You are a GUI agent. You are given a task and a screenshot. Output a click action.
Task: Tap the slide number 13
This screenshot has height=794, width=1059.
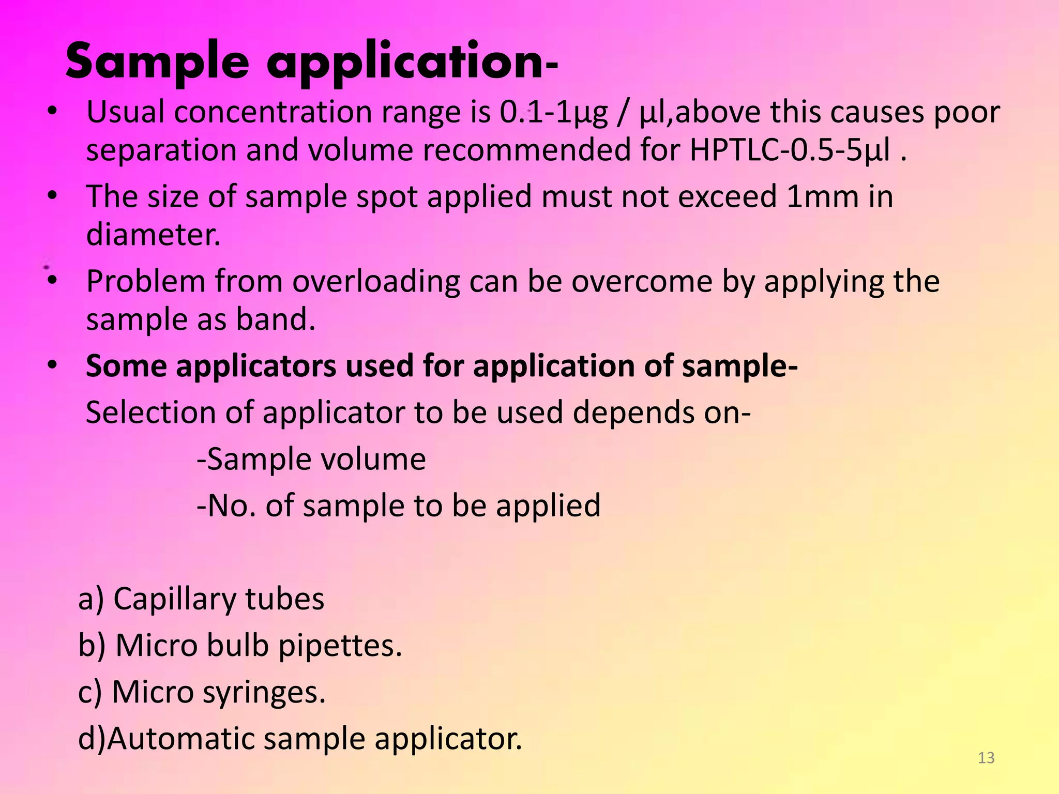(986, 758)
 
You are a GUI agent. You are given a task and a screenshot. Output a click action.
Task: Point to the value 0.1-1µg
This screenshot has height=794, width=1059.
(553, 113)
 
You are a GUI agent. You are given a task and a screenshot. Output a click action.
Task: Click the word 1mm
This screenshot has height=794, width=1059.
(822, 197)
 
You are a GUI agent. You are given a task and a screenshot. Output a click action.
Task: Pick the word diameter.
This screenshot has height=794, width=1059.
(153, 235)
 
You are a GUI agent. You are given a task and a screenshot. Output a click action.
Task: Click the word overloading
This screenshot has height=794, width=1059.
(376, 282)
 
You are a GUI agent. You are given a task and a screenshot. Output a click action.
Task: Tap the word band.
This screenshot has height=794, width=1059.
(275, 319)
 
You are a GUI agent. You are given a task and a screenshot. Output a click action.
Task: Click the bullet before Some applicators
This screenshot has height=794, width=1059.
(52, 365)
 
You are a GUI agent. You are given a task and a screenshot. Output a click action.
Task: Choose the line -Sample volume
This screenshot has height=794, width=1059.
(311, 459)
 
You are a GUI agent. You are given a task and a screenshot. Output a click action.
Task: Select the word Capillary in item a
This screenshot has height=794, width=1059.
(174, 600)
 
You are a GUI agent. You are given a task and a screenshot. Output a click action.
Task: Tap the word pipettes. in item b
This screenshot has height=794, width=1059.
(340, 647)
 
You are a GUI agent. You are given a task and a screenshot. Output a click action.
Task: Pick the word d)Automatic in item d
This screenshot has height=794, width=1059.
(165, 739)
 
